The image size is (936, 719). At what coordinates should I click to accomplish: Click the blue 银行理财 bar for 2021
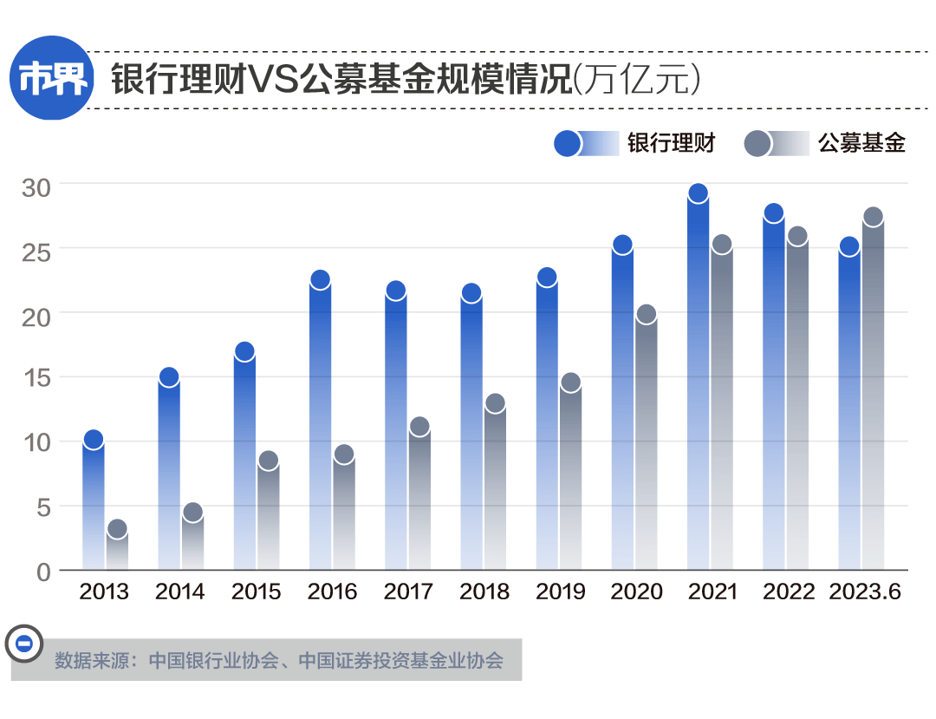[x=698, y=382]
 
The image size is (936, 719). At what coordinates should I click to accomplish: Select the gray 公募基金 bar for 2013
[x=117, y=550]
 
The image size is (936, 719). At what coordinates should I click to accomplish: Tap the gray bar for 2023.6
[x=873, y=395]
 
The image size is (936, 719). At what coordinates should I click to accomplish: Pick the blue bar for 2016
[x=320, y=425]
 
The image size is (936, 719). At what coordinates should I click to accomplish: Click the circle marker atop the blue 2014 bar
[x=168, y=377]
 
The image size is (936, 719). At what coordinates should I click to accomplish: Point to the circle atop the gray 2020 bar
[x=646, y=315]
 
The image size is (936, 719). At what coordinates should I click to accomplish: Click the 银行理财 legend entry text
[x=671, y=143]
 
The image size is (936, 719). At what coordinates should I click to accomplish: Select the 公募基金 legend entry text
[x=861, y=143]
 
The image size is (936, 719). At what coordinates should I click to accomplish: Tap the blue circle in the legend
[x=567, y=143]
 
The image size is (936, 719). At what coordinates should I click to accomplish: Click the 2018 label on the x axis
[x=484, y=592]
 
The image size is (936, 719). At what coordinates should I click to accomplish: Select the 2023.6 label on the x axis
[x=864, y=592]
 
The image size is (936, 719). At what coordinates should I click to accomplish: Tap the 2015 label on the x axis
[x=257, y=592]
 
